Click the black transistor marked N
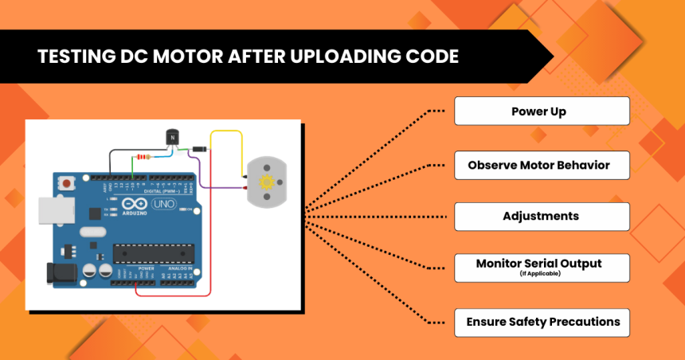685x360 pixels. (170, 137)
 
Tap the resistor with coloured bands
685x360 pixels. (143, 156)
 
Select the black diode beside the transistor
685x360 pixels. (201, 149)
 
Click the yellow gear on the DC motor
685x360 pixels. (267, 182)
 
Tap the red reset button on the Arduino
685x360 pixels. (65, 184)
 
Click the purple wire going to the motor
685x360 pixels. (223, 188)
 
